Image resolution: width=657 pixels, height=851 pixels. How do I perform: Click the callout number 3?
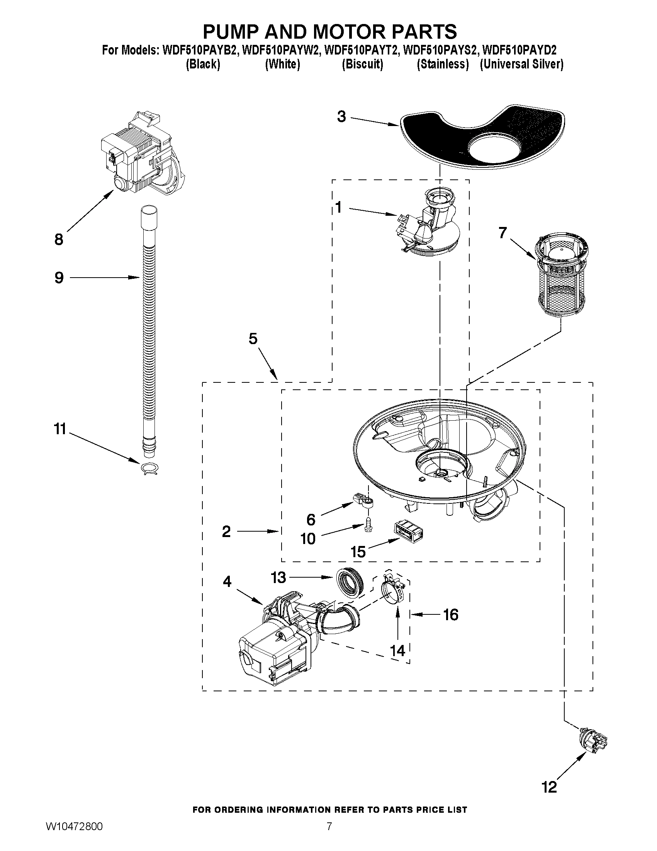(341, 116)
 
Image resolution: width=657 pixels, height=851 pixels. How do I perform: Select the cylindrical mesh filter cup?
(560, 277)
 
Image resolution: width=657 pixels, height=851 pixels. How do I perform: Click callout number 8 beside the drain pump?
(59, 239)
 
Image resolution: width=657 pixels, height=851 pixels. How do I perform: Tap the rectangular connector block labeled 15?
(409, 532)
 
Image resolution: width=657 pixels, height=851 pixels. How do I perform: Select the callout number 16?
(451, 615)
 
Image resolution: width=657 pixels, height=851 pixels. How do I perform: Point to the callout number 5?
(253, 339)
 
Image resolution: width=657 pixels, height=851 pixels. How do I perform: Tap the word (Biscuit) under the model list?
(362, 64)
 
